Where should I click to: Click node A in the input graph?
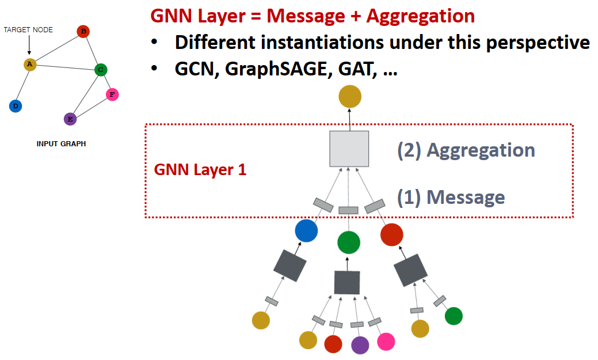pyautogui.click(x=30, y=65)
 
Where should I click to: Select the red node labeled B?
pyautogui.click(x=83, y=31)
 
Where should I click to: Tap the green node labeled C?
pyautogui.click(x=101, y=70)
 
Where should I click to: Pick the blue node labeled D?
pyautogui.click(x=16, y=106)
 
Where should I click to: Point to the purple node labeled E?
pyautogui.click(x=70, y=119)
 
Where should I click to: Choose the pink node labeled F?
pyautogui.click(x=112, y=94)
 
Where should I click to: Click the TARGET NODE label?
pyautogui.click(x=28, y=30)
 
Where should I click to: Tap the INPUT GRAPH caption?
pyautogui.click(x=61, y=143)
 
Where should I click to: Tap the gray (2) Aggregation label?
pyautogui.click(x=466, y=150)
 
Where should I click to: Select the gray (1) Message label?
pyautogui.click(x=451, y=197)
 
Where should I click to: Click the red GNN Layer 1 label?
pyautogui.click(x=200, y=170)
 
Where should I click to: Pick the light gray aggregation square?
pyautogui.click(x=349, y=149)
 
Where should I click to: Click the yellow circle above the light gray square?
pyautogui.click(x=349, y=96)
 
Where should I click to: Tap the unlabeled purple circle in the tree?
pyautogui.click(x=360, y=344)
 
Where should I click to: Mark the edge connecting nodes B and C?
pyautogui.click(x=92, y=51)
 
